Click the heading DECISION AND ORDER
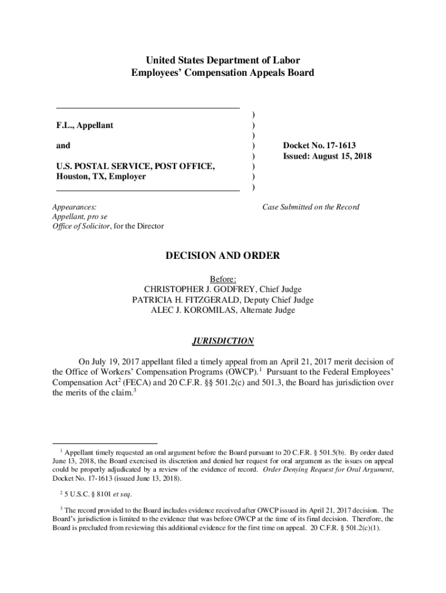pos(223,255)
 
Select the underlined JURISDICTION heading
pos(223,341)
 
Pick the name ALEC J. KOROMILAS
pos(195,310)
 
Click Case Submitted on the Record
pos(310,207)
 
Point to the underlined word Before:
pos(223,279)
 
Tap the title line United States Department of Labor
pos(223,60)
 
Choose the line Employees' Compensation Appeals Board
pos(223,73)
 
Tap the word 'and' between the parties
pos(63,146)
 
